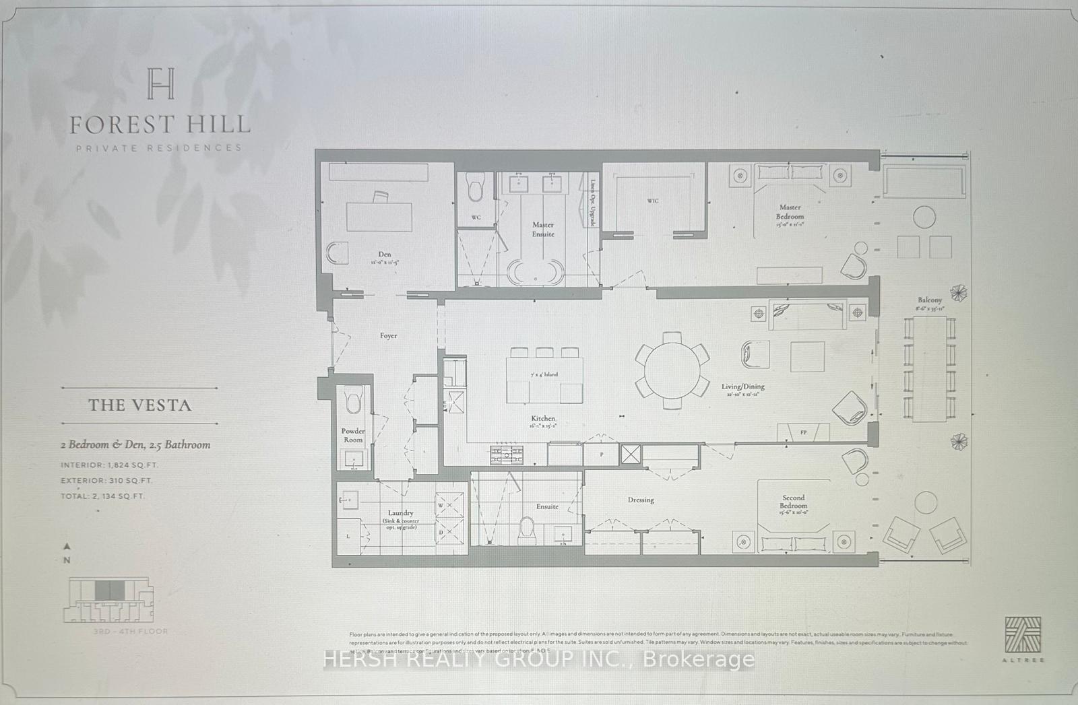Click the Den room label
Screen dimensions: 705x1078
point(385,255)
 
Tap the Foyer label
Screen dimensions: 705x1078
point(388,335)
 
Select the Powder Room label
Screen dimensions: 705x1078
point(353,435)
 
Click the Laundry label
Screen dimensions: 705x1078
point(402,513)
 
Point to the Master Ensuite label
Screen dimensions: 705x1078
point(543,229)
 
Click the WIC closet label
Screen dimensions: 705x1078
point(652,201)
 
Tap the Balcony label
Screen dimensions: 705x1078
point(930,300)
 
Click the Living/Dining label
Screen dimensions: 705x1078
point(743,387)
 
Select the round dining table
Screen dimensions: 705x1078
point(672,370)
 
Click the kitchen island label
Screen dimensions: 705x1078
point(544,374)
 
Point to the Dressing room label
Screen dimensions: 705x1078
point(641,500)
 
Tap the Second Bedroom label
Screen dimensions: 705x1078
point(794,502)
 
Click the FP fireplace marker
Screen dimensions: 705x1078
point(803,432)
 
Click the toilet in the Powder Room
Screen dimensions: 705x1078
point(353,401)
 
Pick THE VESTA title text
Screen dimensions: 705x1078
point(140,405)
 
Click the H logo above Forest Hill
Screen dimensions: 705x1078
point(160,83)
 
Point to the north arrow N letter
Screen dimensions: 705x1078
point(67,560)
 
